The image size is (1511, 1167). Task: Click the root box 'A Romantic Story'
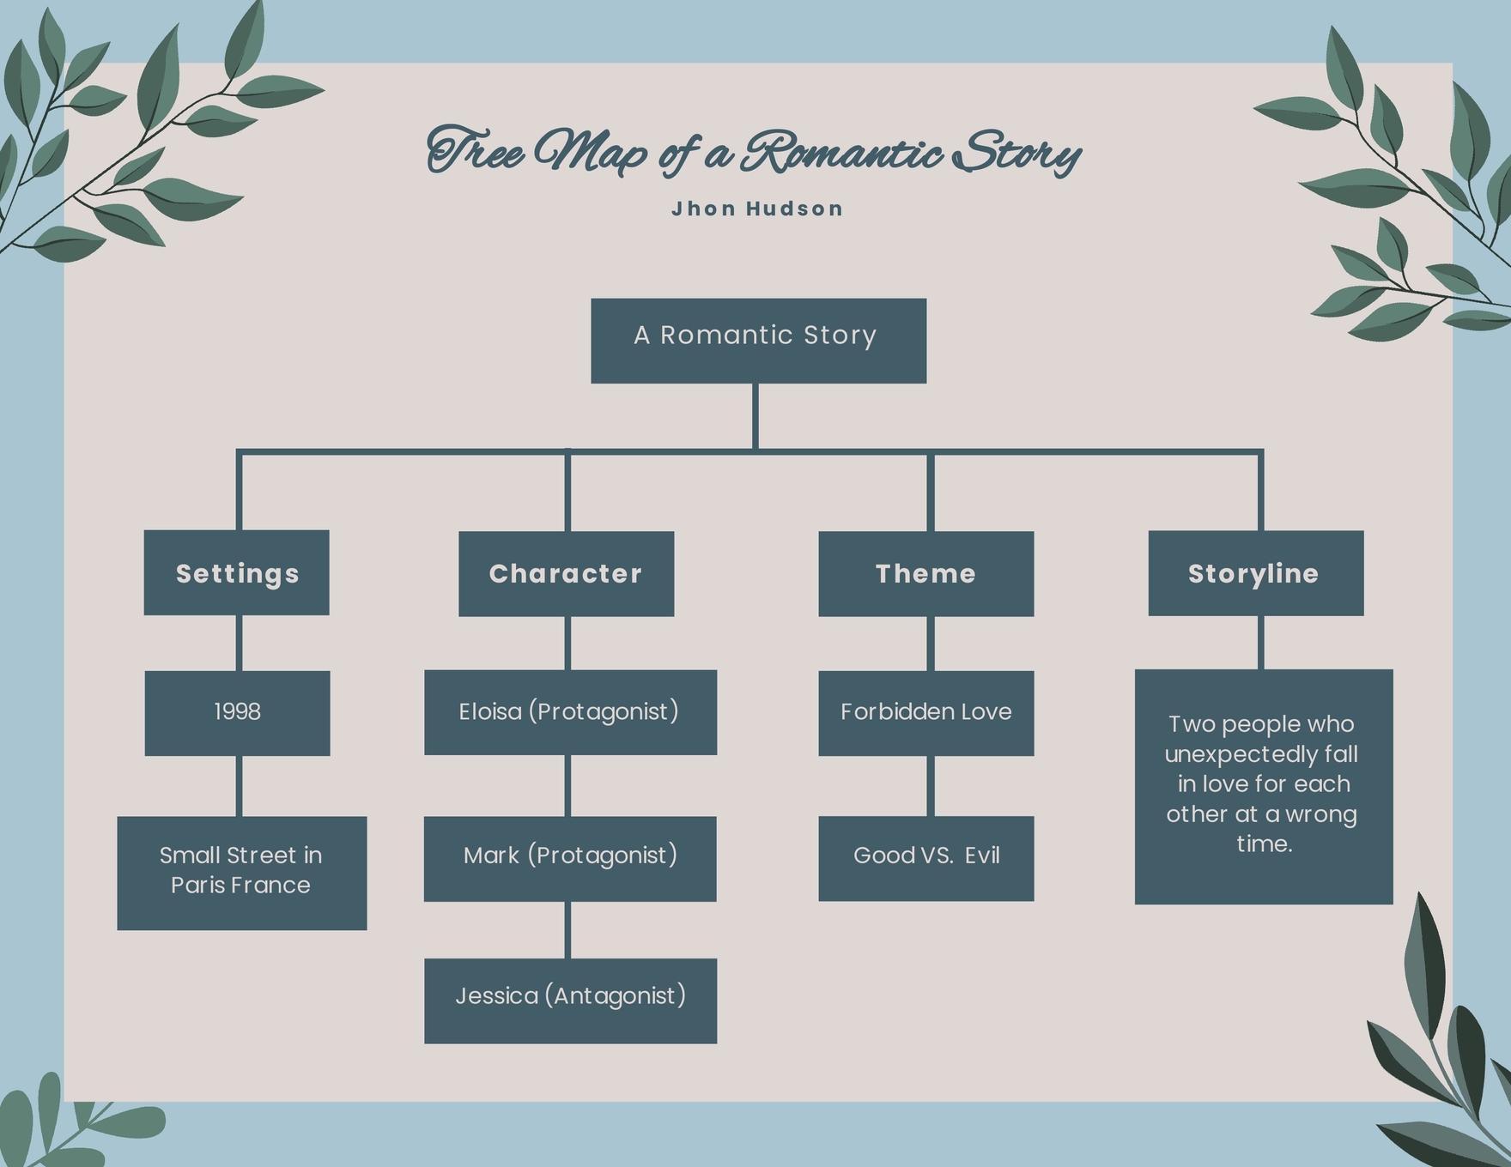[x=758, y=341]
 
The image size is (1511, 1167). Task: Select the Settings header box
[x=236, y=572]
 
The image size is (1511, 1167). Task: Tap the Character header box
[x=566, y=573]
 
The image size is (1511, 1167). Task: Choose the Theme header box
[x=925, y=573]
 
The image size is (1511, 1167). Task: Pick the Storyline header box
[x=1255, y=572]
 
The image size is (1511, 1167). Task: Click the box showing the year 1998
[x=237, y=712]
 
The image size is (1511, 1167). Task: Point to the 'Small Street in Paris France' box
[x=241, y=872]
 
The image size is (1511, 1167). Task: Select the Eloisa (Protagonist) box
[x=570, y=712]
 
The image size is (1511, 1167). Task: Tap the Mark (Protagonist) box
[x=570, y=858]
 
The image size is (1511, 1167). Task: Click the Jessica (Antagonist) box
[x=570, y=1000]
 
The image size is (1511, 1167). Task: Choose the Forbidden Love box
[x=925, y=712]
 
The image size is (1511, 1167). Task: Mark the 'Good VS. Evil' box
[x=925, y=858]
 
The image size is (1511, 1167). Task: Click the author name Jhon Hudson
[x=757, y=209]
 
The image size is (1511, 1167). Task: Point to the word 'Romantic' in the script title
[x=841, y=154]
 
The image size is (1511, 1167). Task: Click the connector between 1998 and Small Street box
[x=239, y=786]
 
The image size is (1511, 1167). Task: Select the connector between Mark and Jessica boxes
[x=567, y=929]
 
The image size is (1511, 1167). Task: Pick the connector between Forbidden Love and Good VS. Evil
[x=930, y=786]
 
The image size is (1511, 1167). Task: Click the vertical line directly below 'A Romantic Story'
[x=755, y=416]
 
